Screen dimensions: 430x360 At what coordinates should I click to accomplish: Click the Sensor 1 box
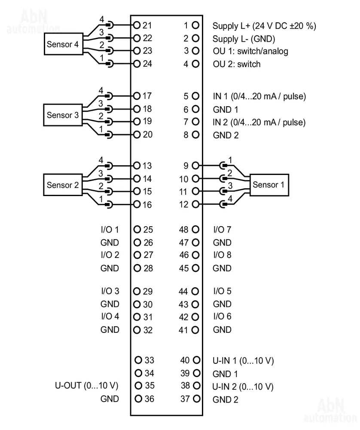[x=269, y=185]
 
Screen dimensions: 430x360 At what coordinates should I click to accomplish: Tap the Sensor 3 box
[x=63, y=115]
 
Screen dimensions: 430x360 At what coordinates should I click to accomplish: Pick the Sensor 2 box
[x=63, y=185]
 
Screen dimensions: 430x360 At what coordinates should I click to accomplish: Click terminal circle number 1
[x=196, y=26]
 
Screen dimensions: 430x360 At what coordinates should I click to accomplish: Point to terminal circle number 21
[x=137, y=26]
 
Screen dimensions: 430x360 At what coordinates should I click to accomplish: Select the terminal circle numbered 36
[x=137, y=399]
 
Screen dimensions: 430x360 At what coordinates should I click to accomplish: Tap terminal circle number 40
[x=196, y=360]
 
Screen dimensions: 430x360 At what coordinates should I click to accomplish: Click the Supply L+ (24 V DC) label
[x=264, y=26]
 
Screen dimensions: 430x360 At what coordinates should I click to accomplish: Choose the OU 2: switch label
[x=237, y=64]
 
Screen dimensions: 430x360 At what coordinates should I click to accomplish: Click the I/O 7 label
[x=222, y=230]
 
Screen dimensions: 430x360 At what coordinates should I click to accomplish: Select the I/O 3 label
[x=110, y=291]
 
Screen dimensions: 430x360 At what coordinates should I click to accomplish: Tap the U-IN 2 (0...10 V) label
[x=243, y=387]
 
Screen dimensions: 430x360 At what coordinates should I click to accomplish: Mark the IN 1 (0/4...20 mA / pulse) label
[x=259, y=96]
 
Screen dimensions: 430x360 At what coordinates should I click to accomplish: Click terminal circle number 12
[x=196, y=204]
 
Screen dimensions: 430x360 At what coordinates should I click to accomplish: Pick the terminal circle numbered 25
[x=137, y=230]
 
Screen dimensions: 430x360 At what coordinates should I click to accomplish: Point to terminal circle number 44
[x=196, y=291]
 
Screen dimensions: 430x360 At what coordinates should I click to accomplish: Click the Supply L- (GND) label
[x=244, y=39]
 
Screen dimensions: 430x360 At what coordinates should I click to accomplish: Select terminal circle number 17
[x=137, y=96]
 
